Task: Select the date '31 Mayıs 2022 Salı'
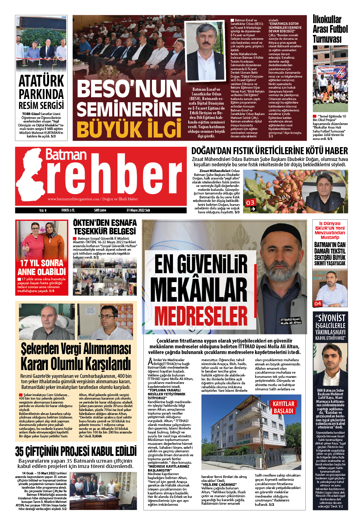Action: click(x=138, y=210)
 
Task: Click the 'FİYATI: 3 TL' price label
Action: click(x=68, y=210)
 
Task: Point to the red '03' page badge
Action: click(x=251, y=203)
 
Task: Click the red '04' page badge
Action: click(x=317, y=303)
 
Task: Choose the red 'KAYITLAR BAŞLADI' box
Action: click(x=284, y=407)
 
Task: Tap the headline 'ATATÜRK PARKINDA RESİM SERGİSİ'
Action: click(x=41, y=92)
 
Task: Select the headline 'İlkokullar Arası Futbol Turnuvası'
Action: click(x=330, y=29)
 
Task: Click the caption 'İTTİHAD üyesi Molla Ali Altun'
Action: click(x=290, y=321)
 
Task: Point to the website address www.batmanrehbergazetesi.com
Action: click(x=74, y=199)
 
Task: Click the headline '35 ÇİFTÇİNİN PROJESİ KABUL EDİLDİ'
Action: click(x=76, y=451)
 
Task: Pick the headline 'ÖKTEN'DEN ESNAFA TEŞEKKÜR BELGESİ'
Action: click(x=105, y=227)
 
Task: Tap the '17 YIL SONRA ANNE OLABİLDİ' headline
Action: click(x=42, y=267)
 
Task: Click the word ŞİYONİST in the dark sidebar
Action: click(x=330, y=318)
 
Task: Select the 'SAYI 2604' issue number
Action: click(x=100, y=210)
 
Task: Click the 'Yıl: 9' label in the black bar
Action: click(x=43, y=210)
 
